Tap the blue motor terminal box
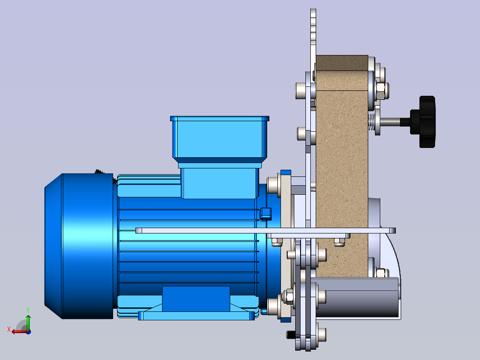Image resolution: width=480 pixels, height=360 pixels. (x=220, y=157)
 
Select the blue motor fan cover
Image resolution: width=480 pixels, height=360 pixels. (x=79, y=246)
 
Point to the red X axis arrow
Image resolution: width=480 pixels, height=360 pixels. (x=20, y=331)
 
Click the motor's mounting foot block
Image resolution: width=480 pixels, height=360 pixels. (x=196, y=299)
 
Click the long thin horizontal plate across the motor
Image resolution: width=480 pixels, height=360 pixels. (x=265, y=230)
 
